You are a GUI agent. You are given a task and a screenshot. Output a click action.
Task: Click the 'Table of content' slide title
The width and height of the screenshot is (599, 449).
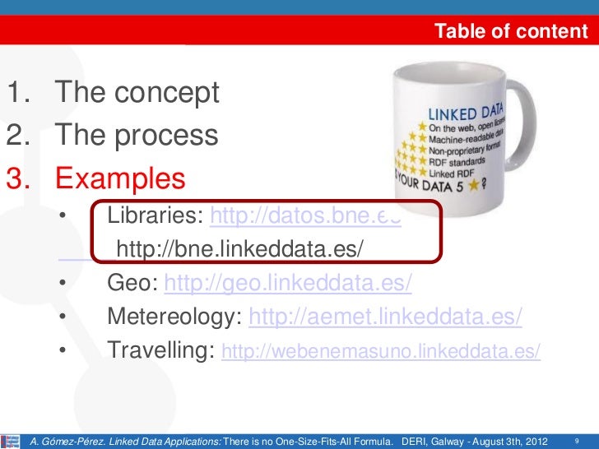(511, 32)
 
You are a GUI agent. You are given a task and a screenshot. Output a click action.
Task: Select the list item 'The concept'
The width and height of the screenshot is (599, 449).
(137, 93)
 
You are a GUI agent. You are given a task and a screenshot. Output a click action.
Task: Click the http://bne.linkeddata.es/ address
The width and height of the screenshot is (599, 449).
(239, 249)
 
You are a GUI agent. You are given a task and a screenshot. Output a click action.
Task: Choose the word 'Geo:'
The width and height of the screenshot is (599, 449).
(132, 283)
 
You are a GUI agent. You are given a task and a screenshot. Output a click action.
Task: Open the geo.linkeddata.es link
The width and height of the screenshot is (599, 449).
(288, 283)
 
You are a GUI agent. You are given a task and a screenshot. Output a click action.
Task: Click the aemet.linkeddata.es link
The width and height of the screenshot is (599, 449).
(385, 317)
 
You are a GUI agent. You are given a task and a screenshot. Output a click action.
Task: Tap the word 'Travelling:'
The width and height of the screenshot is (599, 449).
(161, 351)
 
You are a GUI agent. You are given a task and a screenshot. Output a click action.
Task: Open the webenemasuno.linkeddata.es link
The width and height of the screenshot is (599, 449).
(382, 352)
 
